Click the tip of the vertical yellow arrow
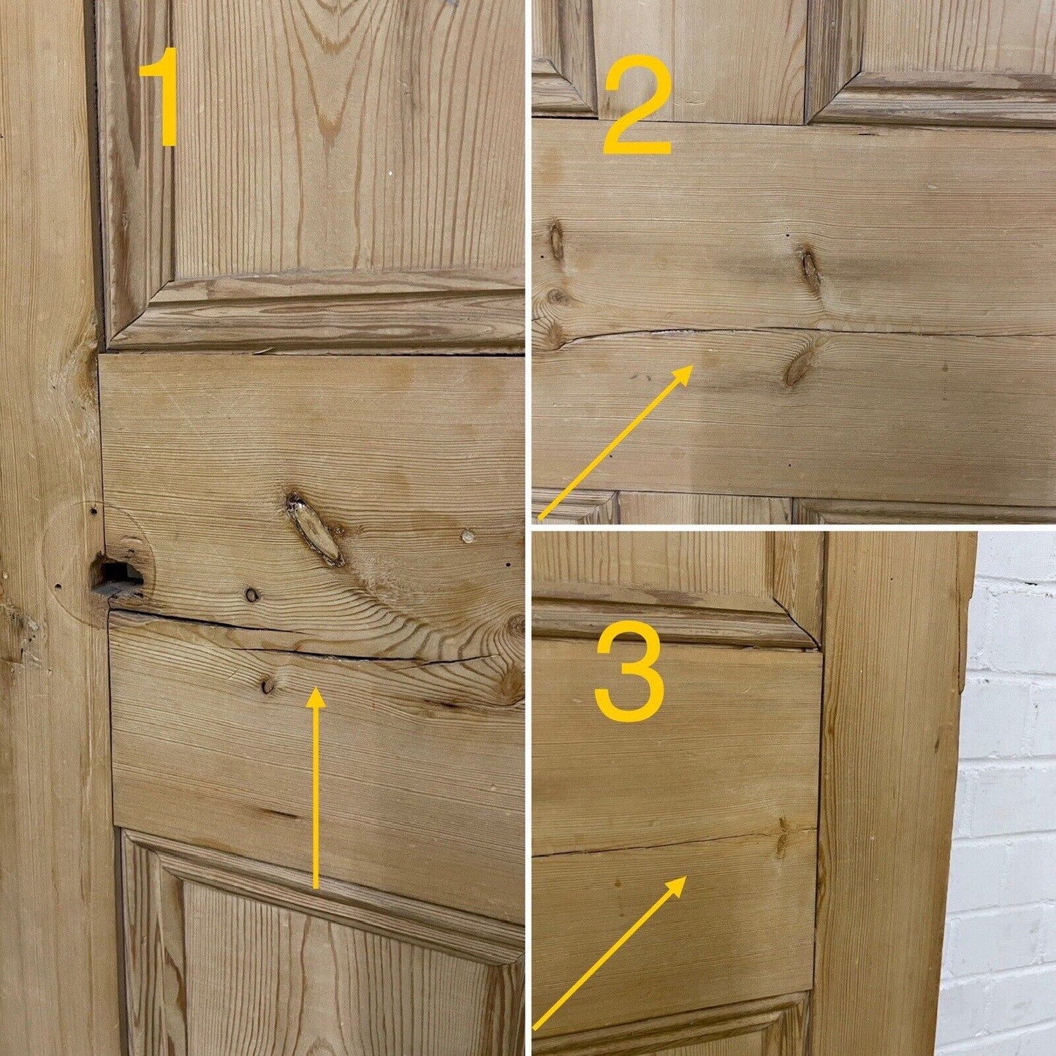coord(314,688)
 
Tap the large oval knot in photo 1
coord(314,528)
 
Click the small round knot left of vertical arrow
coord(267,684)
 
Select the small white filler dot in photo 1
coord(467,536)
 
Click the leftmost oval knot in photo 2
coord(555,243)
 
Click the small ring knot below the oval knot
coord(251,595)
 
